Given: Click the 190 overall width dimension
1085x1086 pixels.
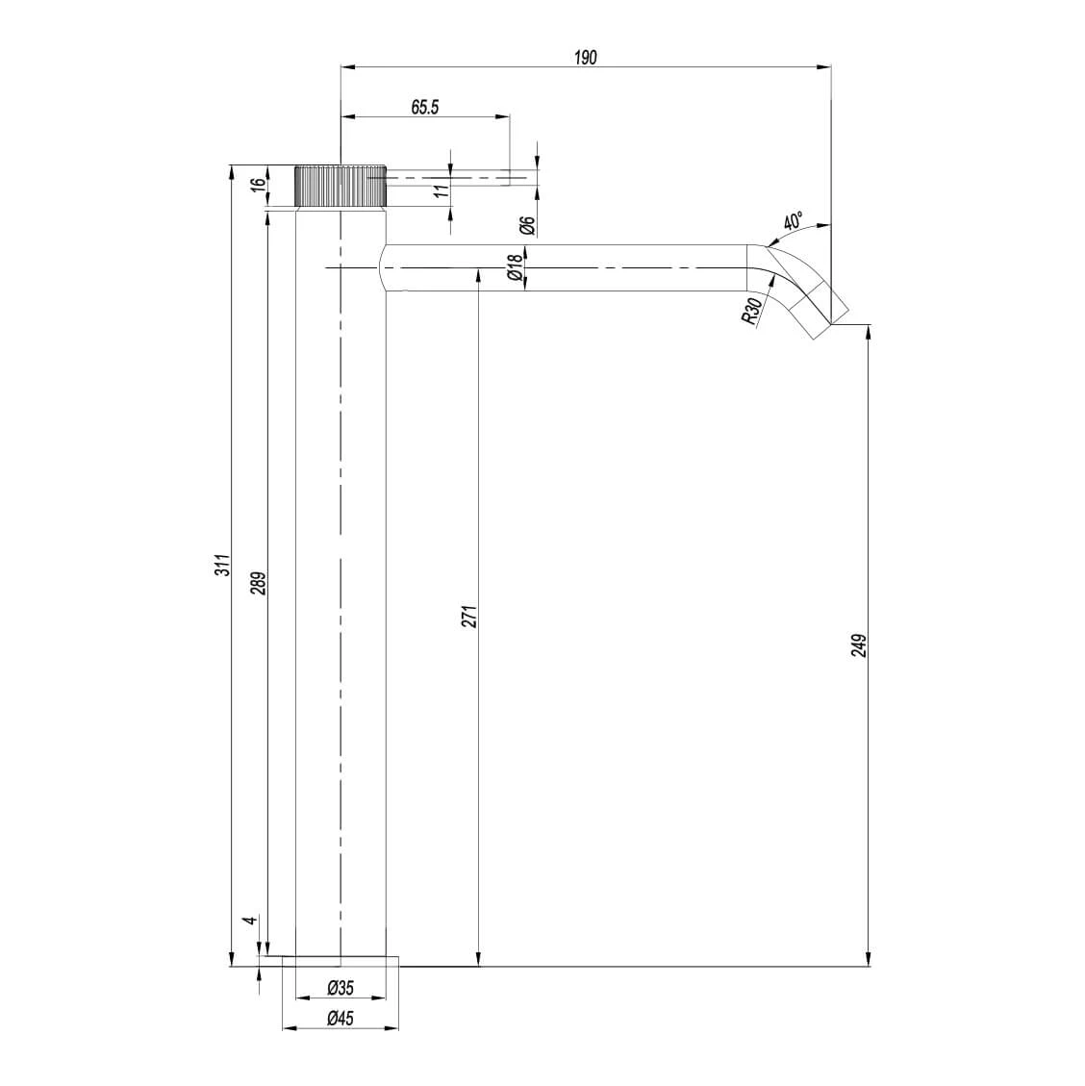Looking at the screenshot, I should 586,57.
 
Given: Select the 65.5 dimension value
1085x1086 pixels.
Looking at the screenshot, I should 424,107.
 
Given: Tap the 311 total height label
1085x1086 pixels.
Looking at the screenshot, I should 222,566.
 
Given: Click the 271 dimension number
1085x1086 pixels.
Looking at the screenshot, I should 469,617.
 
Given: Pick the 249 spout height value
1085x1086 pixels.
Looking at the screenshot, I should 859,644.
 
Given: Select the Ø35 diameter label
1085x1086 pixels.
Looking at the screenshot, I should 341,988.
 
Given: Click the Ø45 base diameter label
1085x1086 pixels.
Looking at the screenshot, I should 341,1019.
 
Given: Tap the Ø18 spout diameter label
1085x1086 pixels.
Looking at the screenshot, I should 516,265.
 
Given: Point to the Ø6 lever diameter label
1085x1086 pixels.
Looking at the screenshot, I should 526,225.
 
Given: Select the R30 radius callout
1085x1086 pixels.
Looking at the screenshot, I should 754,312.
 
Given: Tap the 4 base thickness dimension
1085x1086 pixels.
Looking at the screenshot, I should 250,921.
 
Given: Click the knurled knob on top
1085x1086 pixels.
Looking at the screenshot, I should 341,186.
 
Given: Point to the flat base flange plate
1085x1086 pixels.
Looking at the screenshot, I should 341,961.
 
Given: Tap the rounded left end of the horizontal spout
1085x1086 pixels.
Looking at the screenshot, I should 385,267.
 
